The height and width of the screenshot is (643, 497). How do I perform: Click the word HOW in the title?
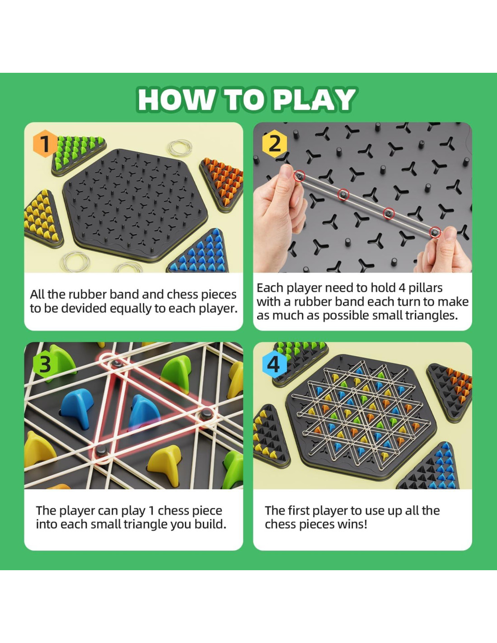pos(177,100)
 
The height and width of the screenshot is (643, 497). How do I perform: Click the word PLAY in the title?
pos(314,100)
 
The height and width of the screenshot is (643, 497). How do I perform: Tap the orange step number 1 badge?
pos(45,143)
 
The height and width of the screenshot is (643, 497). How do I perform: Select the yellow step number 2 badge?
pos(274,143)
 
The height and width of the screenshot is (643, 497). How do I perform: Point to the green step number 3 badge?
pos(45,364)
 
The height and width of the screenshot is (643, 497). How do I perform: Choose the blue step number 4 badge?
pos(274,364)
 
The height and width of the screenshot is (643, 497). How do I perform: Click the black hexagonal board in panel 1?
pos(135,205)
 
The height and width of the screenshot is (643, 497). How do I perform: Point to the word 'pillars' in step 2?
pos(426,288)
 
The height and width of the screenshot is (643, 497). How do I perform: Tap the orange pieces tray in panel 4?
pos(450,392)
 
